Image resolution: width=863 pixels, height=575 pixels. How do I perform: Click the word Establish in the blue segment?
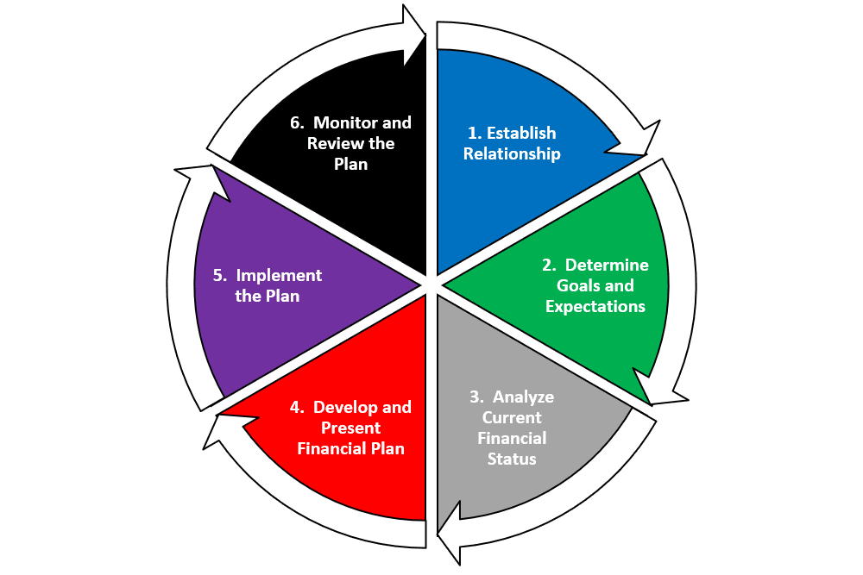[x=521, y=133]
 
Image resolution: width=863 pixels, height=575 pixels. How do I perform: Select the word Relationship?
[x=512, y=154]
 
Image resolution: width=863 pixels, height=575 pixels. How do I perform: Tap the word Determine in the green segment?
[x=607, y=265]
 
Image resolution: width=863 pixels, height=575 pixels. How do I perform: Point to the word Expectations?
[x=595, y=306]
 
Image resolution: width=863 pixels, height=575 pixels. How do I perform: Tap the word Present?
[x=350, y=428]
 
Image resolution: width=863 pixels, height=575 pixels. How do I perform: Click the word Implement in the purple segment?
[x=279, y=276]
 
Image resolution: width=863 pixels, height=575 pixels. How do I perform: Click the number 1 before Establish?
[x=473, y=133]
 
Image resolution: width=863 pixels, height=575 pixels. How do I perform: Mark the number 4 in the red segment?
[x=296, y=407]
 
